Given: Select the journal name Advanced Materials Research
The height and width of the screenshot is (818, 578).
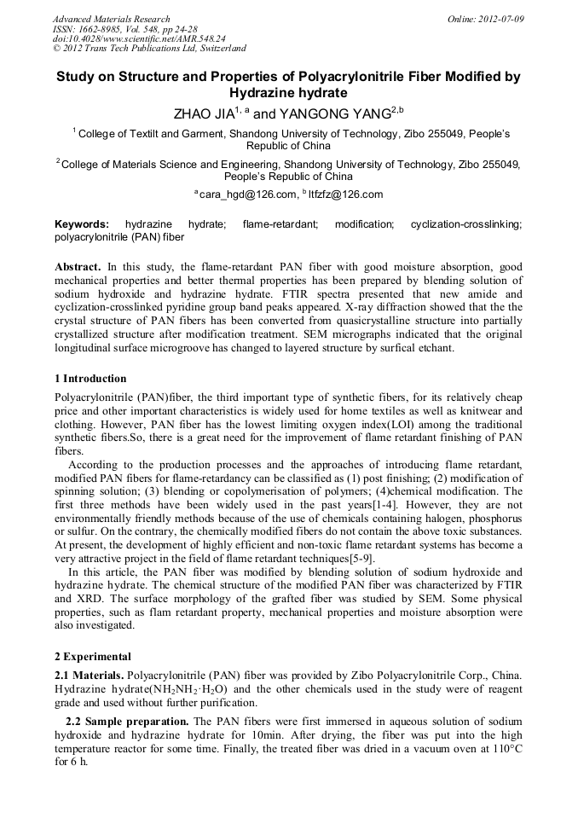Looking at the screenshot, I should tap(112, 19).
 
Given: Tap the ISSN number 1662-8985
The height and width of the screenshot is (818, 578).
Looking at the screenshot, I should tap(102, 29).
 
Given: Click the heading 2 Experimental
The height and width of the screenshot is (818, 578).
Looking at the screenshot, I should tap(92, 657).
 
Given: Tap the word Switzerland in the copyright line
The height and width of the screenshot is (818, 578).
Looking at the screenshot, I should tap(218, 49).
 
